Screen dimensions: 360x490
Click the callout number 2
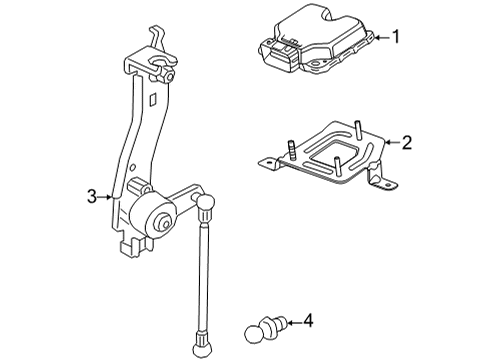(405, 144)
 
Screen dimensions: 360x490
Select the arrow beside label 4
(291, 322)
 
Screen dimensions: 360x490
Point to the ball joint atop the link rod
(207, 209)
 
